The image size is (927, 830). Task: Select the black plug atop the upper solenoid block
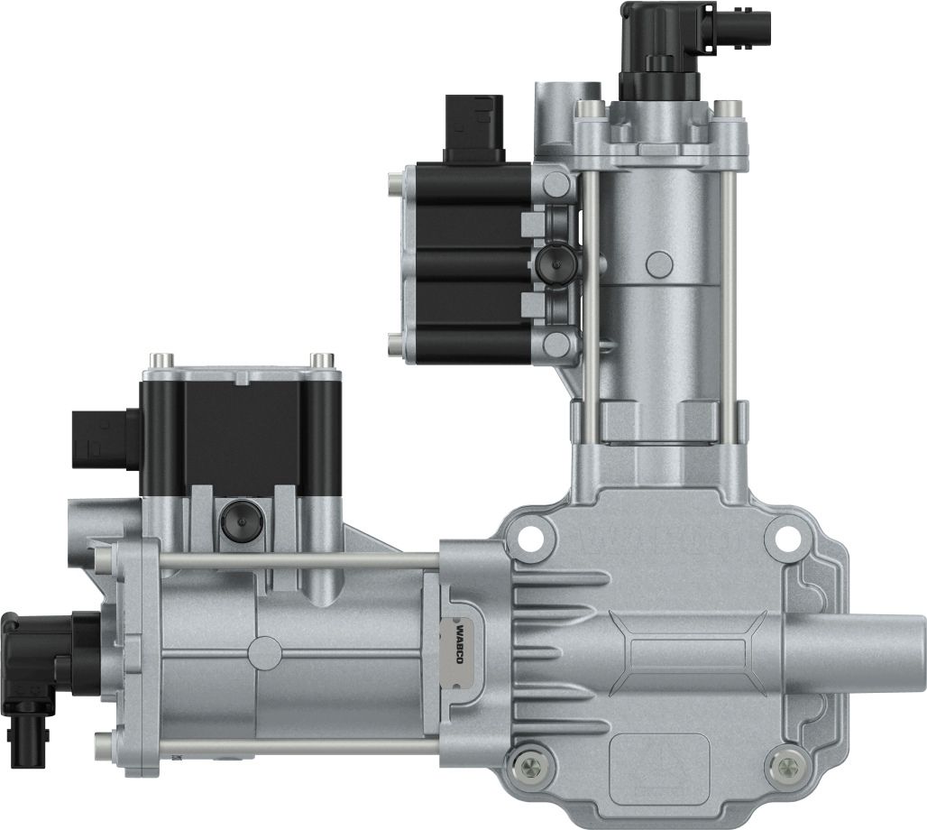473,128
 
